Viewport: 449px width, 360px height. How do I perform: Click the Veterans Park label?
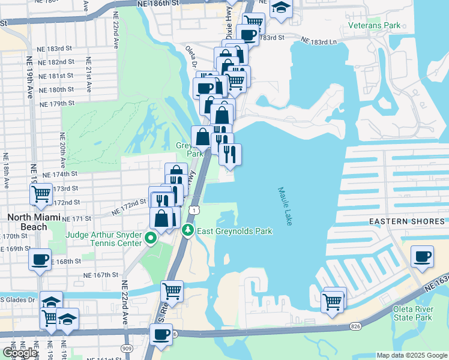click(375, 26)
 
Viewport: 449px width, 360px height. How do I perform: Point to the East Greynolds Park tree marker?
click(188, 230)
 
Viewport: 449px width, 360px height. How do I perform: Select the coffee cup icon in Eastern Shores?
click(422, 256)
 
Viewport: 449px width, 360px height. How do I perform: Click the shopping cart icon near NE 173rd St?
click(41, 194)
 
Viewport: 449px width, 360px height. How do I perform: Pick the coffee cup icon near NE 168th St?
click(40, 259)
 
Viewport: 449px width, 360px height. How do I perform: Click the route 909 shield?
click(127, 348)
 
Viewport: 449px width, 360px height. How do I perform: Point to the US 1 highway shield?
click(193, 210)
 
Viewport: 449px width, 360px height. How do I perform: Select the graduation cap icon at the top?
click(280, 8)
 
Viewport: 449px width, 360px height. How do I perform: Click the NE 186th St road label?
click(158, 4)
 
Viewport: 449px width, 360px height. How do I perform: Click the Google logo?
click(20, 352)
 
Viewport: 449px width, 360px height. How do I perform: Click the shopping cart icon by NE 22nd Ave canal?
click(172, 291)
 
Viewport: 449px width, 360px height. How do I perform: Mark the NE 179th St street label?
click(56, 104)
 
